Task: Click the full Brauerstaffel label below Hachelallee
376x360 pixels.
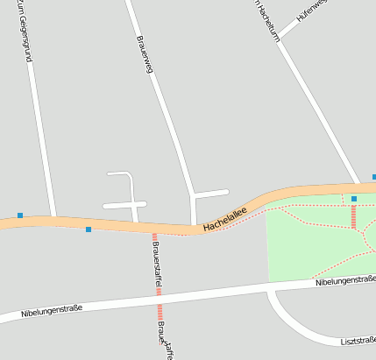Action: pyautogui.click(x=157, y=266)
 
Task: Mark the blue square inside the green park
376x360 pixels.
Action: pyautogui.click(x=354, y=199)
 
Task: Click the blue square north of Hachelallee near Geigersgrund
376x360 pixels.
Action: pyautogui.click(x=20, y=215)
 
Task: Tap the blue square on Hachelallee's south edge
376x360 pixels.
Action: pyautogui.click(x=89, y=229)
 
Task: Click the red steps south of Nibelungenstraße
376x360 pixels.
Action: pyautogui.click(x=160, y=311)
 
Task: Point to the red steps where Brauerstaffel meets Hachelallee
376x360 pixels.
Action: pyautogui.click(x=154, y=236)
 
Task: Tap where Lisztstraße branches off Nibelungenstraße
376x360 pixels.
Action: pyautogui.click(x=270, y=289)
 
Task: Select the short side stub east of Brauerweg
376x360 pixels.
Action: pyautogui.click(x=212, y=192)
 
